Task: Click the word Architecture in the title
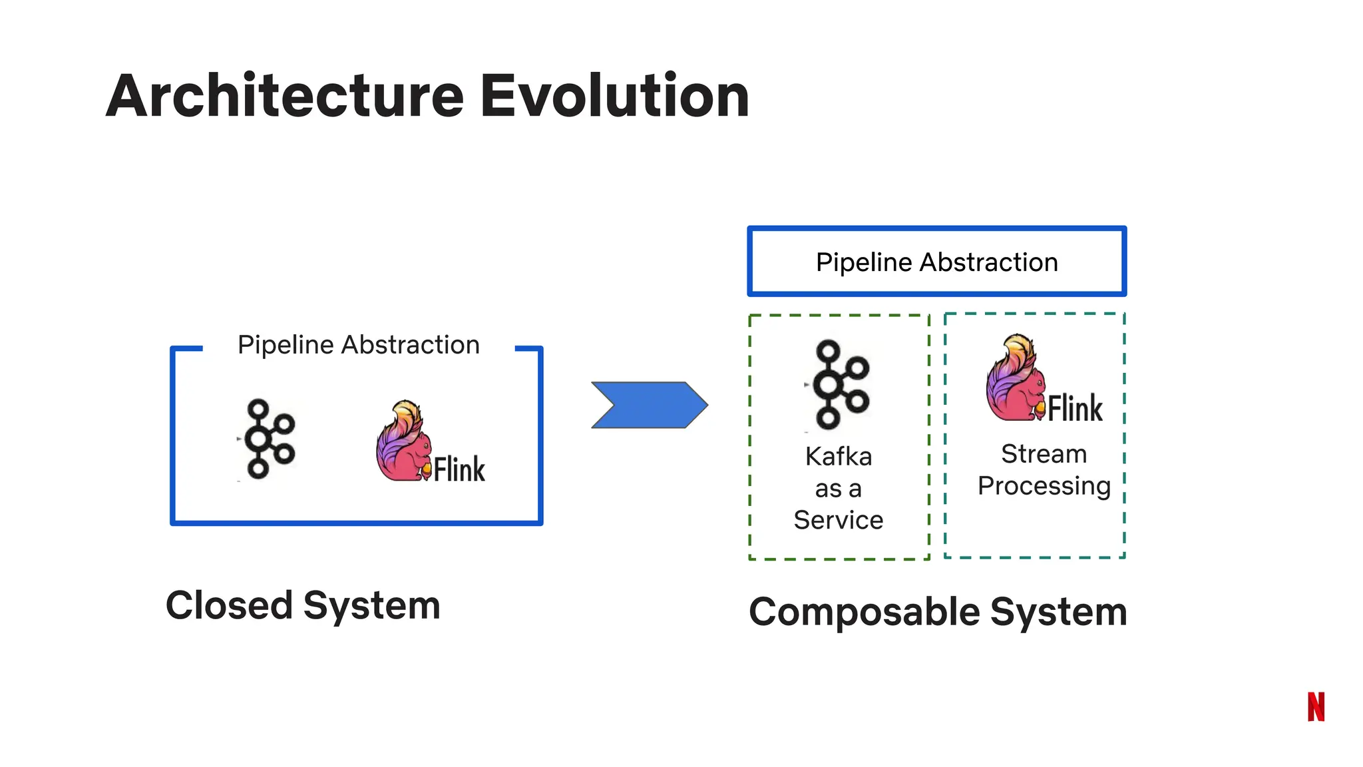pos(285,97)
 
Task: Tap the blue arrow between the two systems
pos(649,405)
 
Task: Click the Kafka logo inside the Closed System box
pos(268,439)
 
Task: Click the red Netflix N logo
pos(1316,706)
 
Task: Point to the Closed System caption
pos(303,605)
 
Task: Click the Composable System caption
pos(937,611)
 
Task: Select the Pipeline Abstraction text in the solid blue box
pos(936,262)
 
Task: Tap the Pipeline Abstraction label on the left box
pos(358,345)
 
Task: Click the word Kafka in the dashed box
pos(839,457)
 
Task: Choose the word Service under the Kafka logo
pos(839,520)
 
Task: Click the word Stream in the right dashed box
pos(1044,454)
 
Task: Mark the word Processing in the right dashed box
pos(1044,486)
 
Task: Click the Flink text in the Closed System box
pos(459,469)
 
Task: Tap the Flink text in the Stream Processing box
pos(1075,408)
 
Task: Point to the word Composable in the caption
pos(864,611)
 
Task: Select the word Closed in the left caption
pos(229,605)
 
